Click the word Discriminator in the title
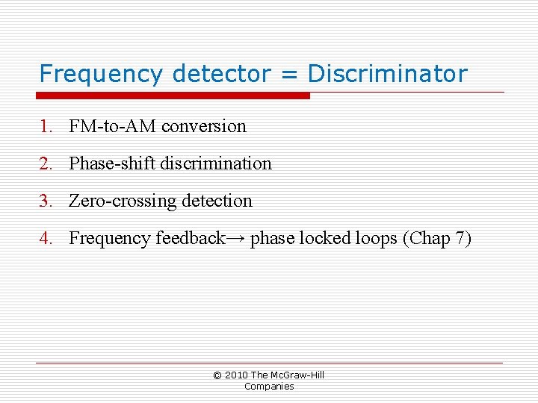387,74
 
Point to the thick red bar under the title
173,96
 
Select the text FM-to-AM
113,126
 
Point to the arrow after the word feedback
235,239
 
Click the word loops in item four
375,238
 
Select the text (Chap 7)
437,239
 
